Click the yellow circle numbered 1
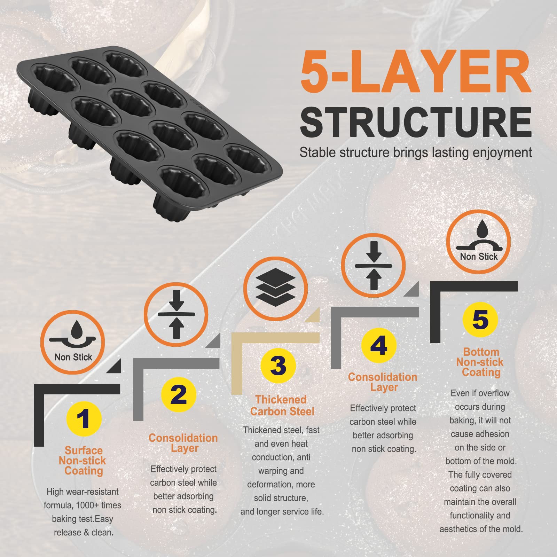(84, 418)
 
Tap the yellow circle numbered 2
(179, 394)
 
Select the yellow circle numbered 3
(278, 366)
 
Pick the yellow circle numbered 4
(379, 345)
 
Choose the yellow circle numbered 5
(480, 319)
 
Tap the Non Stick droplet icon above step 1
(73, 343)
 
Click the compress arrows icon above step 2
(176, 314)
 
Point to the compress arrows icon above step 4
(374, 266)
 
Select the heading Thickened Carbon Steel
(282, 406)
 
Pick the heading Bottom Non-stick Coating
(480, 362)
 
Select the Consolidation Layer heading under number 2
(183, 443)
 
